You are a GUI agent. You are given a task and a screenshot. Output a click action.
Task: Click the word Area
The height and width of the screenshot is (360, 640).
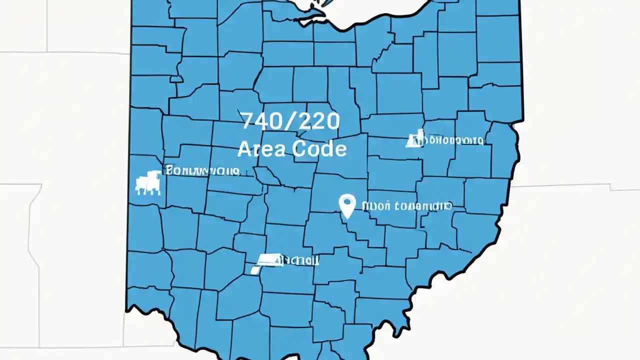(262, 149)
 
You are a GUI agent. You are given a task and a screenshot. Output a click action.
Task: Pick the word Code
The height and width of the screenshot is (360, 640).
(319, 149)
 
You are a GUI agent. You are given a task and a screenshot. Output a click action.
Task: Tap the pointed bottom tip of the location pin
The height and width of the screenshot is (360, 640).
(347, 218)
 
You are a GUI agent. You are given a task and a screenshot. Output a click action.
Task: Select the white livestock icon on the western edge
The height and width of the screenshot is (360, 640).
(148, 182)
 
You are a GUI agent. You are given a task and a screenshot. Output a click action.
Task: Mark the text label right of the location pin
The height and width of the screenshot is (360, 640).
(407, 205)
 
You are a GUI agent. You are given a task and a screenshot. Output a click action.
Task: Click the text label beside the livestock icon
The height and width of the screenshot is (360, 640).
(203, 170)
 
